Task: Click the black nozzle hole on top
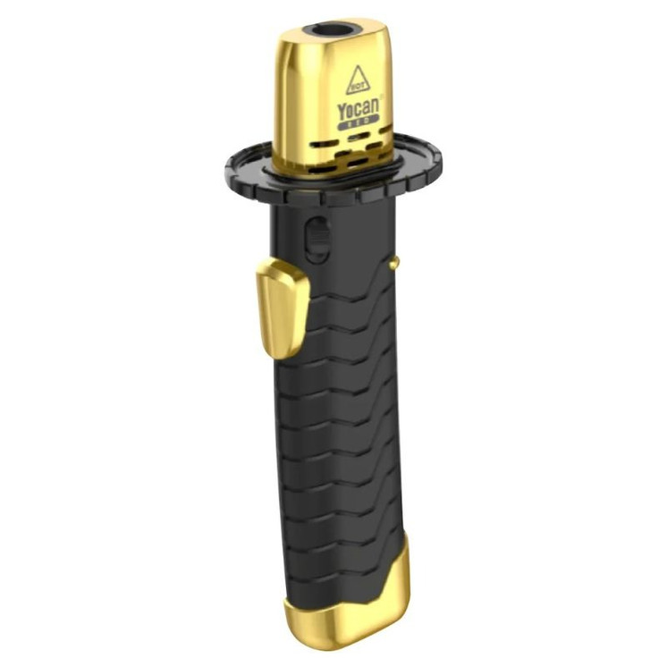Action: (x=333, y=30)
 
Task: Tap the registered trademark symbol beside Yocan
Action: (x=382, y=98)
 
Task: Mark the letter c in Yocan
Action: (x=359, y=112)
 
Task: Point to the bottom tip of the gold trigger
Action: (x=280, y=356)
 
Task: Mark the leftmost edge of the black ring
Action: (x=226, y=168)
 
